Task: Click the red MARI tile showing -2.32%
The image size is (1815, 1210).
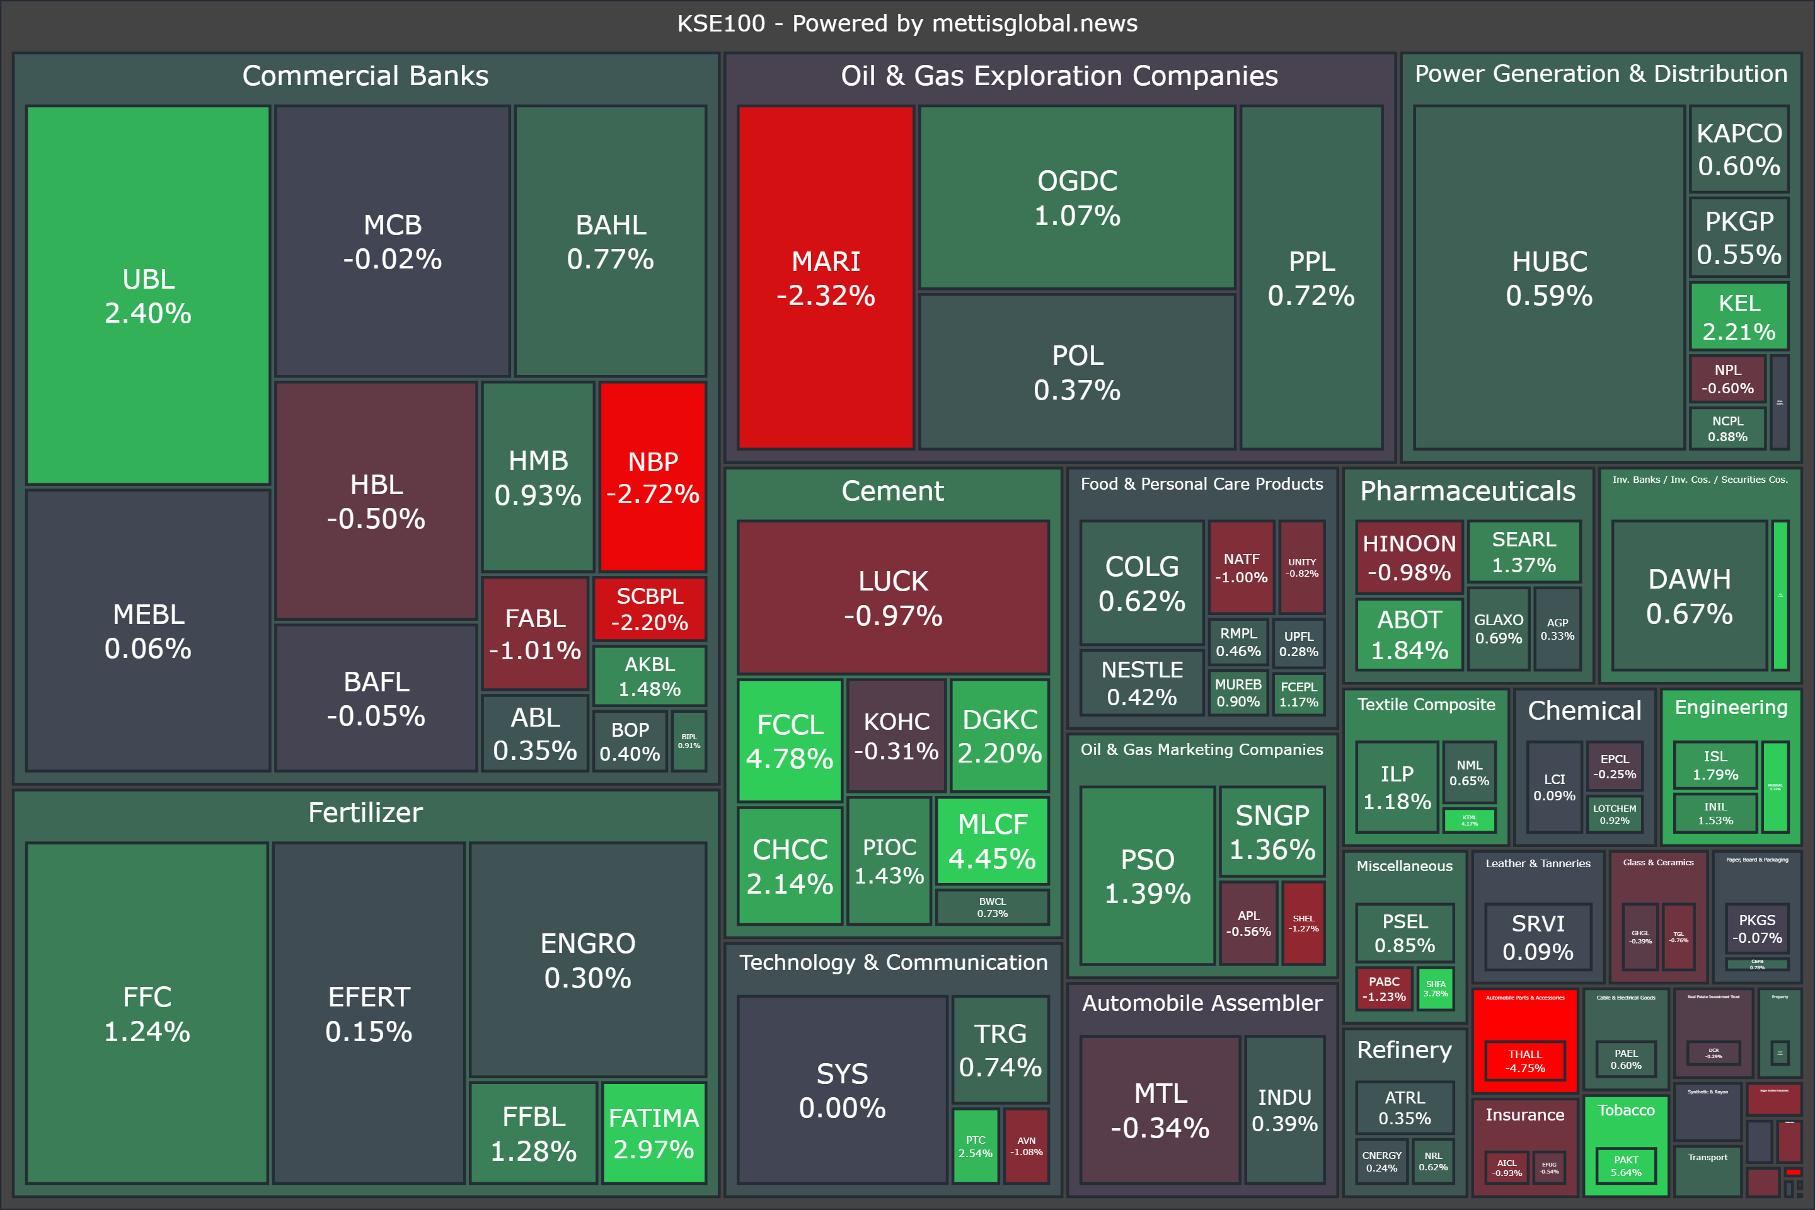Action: pos(825,278)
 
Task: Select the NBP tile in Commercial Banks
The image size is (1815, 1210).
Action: pos(653,477)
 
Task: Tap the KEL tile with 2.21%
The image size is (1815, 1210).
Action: pos(1739,316)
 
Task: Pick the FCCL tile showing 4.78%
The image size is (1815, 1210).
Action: pos(790,741)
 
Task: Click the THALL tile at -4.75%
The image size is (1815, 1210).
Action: pos(1526,1061)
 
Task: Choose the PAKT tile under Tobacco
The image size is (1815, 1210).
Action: pos(1625,1165)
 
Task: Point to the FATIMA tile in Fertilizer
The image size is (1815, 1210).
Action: pos(654,1133)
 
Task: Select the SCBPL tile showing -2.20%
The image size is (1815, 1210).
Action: pos(650,609)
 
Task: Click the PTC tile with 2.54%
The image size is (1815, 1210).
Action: pos(976,1146)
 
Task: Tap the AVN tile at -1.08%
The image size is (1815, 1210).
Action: pos(1027,1146)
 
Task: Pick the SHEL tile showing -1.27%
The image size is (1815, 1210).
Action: pos(1303,923)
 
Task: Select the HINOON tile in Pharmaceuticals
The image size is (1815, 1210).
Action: pos(1409,557)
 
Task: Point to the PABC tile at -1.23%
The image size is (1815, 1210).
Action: pos(1384,989)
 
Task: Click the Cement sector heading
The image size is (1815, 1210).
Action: pos(892,491)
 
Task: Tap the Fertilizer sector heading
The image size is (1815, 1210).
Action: pos(365,812)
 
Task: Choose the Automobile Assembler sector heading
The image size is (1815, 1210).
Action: pos(1202,1003)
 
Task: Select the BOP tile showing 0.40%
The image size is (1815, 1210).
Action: pos(630,741)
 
